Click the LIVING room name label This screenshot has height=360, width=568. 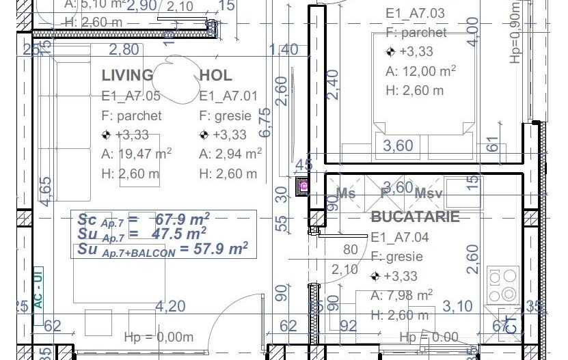pos(127,75)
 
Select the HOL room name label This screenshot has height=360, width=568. pos(216,75)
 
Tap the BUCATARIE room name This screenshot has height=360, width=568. pos(415,217)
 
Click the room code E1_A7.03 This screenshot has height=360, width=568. pos(415,13)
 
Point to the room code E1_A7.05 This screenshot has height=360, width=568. pos(131,96)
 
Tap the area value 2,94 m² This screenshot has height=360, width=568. pos(239,154)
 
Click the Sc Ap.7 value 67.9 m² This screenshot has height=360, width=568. pos(182,219)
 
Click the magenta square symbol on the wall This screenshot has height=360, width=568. pos(303,186)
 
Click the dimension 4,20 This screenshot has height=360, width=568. pos(170,306)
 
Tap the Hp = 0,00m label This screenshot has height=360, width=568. pos(159,337)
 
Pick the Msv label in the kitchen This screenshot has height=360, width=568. pos(428,193)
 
